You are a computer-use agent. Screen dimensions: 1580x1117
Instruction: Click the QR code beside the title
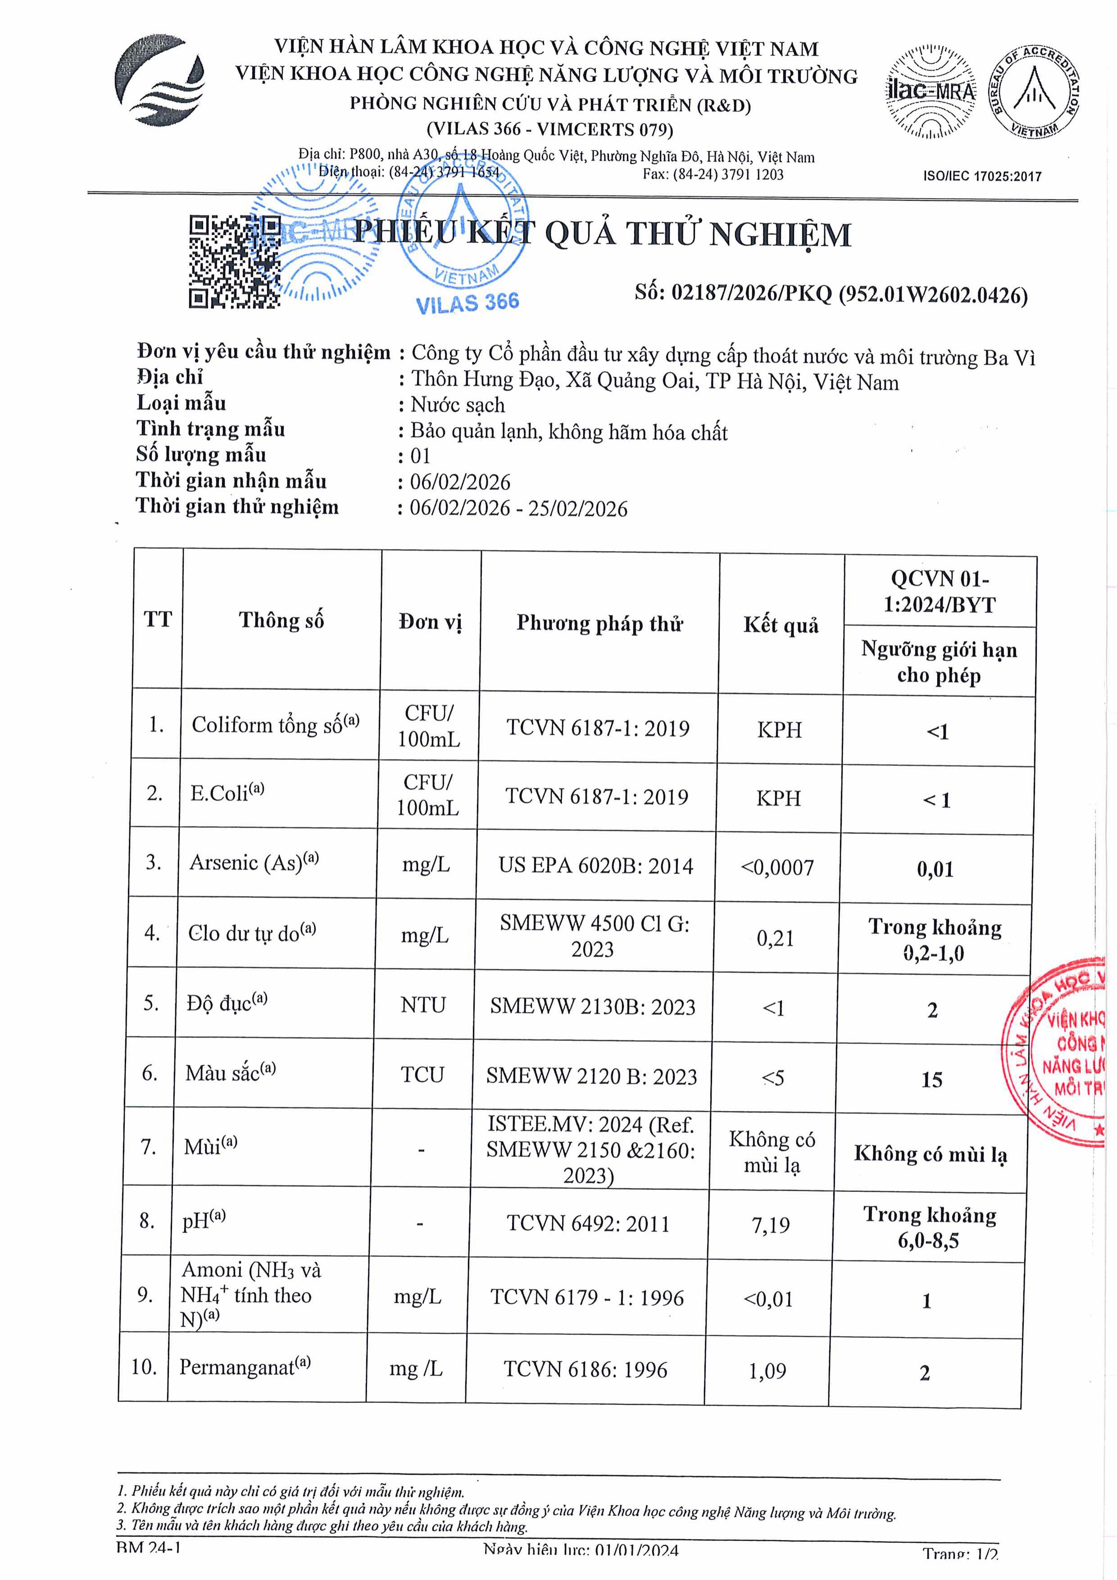234,262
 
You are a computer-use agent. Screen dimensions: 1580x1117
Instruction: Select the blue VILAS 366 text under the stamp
468,303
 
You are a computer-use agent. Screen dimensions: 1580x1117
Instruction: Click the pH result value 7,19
771,1225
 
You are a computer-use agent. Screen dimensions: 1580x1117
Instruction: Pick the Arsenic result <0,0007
777,868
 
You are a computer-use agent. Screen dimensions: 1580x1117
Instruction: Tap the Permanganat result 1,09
767,1371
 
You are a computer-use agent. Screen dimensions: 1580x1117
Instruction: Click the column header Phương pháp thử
599,624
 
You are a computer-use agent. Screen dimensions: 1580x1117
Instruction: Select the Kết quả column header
781,625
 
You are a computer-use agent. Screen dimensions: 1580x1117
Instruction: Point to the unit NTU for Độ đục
423,1005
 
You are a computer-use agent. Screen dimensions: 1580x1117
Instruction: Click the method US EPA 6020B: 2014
596,866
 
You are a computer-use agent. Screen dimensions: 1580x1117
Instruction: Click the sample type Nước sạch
458,405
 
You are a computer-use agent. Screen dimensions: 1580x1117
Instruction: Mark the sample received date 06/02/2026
460,482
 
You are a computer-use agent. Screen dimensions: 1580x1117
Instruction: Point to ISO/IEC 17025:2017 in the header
982,176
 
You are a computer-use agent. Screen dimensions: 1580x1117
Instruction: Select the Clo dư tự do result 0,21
775,938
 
